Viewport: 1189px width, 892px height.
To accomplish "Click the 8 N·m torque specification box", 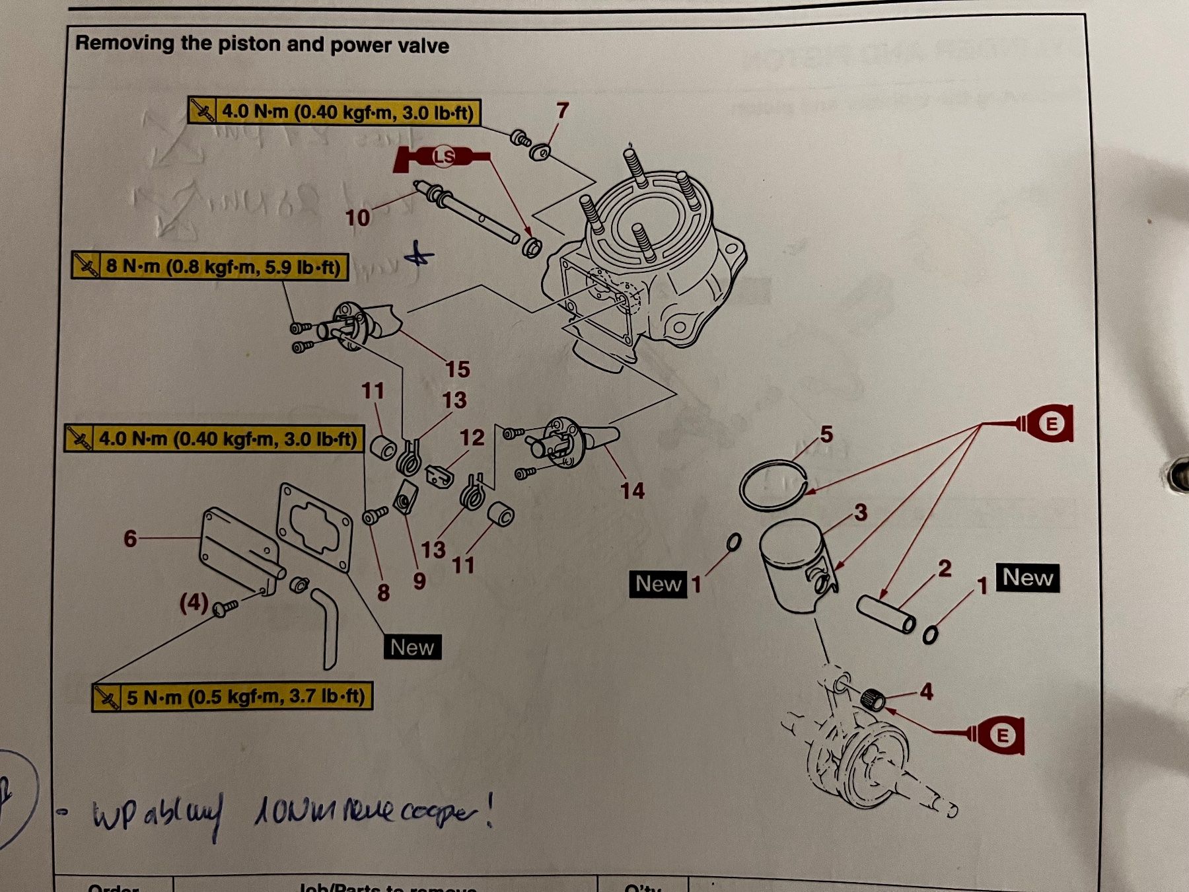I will point(210,266).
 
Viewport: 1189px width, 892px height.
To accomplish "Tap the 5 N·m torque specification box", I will point(233,697).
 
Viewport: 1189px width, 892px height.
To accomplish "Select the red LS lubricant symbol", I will point(443,157).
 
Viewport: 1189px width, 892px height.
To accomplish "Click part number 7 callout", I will point(562,110).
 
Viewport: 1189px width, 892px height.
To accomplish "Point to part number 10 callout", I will point(357,217).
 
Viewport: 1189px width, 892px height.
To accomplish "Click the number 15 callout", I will point(457,369).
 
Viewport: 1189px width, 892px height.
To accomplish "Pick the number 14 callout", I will point(631,490).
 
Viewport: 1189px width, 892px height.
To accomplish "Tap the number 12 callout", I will point(472,437).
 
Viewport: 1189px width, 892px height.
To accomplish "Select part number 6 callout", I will point(130,539).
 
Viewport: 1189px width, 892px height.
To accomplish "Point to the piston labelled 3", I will point(793,562).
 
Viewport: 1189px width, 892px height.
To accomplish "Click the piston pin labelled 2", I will point(886,614).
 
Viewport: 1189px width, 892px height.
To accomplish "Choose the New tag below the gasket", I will point(412,647).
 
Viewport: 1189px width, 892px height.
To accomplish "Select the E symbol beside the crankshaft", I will point(1002,735).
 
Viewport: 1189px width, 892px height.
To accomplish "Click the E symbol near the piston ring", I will point(1051,423).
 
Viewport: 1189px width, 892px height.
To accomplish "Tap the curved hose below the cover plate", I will point(328,628).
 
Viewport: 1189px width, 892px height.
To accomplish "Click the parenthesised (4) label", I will point(194,602).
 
